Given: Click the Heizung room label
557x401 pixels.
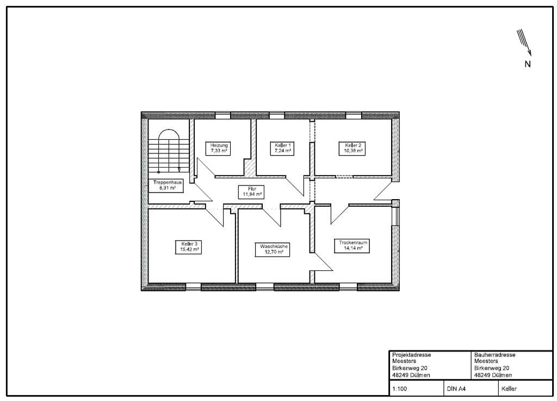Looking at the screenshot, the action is coord(219,148).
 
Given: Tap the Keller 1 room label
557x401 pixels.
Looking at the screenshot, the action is coord(283,148).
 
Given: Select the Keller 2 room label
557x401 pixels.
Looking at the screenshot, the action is coord(352,148).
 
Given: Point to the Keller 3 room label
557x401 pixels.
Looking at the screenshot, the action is coord(189,247).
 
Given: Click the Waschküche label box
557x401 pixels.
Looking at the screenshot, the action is coord(273,249).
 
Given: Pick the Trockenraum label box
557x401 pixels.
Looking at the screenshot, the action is coord(352,245).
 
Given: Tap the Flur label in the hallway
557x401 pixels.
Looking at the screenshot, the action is coord(252,192).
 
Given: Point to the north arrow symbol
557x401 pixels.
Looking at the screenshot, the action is coord(524,42).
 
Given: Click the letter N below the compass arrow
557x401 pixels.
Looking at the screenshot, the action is coord(528,64).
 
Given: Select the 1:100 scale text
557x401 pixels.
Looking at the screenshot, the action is coord(400,388).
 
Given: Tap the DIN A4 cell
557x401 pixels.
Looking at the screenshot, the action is coord(456,388).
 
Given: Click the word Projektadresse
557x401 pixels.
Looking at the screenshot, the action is coord(412,355).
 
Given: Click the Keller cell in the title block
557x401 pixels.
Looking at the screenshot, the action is coord(509,388).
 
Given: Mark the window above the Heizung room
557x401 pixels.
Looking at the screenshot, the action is coord(222,115).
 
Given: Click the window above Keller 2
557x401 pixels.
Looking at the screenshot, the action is coord(354,115).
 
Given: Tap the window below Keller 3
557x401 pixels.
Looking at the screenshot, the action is coord(194,287).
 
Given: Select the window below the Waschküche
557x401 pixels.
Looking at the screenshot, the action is coord(265,287).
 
